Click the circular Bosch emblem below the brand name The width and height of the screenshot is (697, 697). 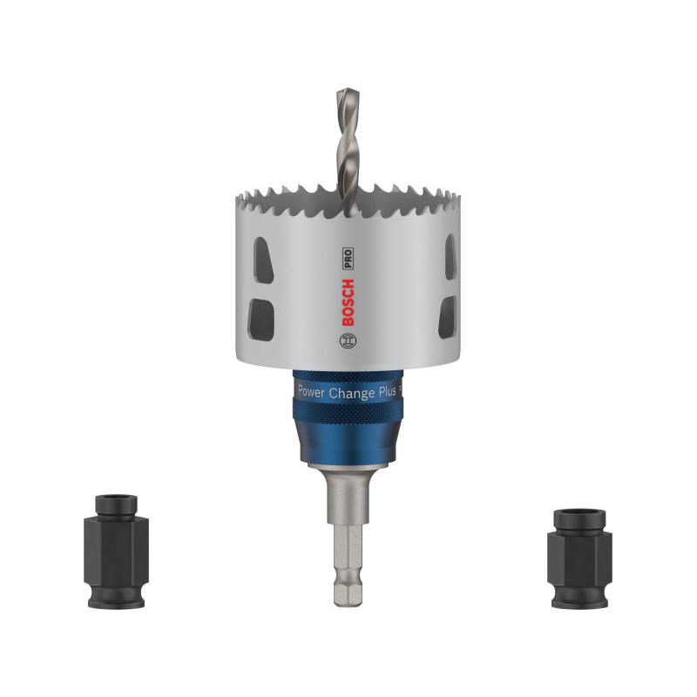tap(348, 343)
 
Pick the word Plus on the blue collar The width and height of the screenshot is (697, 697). tap(389, 393)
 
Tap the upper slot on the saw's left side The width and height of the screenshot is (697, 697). tap(261, 259)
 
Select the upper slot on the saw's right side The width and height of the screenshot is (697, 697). tap(449, 258)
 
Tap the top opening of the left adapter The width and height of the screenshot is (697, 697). tap(116, 499)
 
